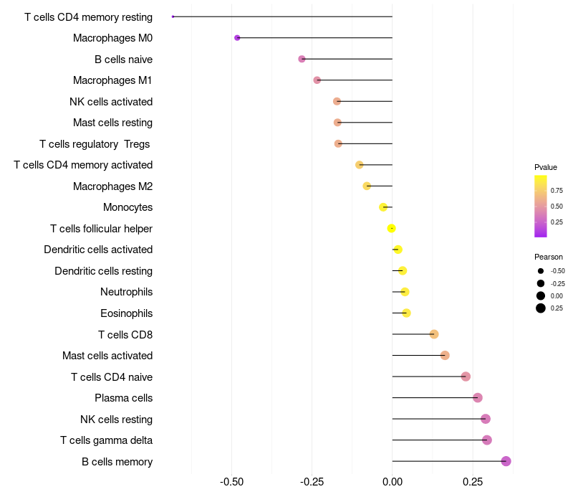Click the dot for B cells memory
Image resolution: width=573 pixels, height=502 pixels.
tap(506, 461)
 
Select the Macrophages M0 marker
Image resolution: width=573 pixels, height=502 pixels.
tap(237, 38)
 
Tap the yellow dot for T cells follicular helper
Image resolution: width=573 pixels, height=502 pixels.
tap(391, 229)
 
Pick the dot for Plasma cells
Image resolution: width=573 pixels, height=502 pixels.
tap(478, 398)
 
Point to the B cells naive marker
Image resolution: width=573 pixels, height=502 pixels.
tap(302, 59)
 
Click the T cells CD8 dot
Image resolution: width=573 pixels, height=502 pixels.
tap(434, 334)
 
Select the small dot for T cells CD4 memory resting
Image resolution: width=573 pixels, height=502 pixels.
tap(173, 16)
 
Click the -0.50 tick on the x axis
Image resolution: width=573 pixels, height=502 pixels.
tap(231, 483)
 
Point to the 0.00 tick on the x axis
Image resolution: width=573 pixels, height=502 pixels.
tap(393, 483)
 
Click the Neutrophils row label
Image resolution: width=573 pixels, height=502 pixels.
tap(126, 292)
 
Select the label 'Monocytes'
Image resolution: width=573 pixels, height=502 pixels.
tap(127, 207)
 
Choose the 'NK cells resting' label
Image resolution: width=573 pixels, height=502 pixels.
tap(116, 419)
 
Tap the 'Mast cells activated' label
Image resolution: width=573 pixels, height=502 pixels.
tap(107, 356)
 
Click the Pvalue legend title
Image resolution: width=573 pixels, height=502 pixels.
tap(546, 167)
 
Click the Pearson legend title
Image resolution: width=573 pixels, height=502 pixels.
tap(549, 257)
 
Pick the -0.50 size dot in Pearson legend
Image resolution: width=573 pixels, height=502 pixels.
tap(541, 271)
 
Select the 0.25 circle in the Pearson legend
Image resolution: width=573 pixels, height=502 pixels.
tap(541, 308)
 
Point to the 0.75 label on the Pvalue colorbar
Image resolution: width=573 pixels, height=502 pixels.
tap(557, 190)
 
